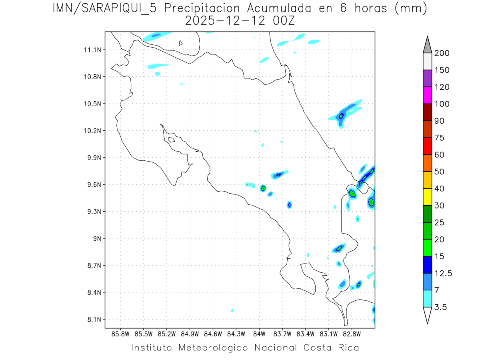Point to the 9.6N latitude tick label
(94, 185)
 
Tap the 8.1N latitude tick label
(94, 320)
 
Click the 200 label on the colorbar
(442, 53)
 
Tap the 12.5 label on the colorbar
(443, 273)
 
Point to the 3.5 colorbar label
(440, 307)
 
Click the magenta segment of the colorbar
(427, 95)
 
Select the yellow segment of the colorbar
(427, 197)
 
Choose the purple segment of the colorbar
(427, 78)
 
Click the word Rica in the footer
(348, 347)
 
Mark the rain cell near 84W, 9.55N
(263, 188)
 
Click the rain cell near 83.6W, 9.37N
(290, 205)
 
